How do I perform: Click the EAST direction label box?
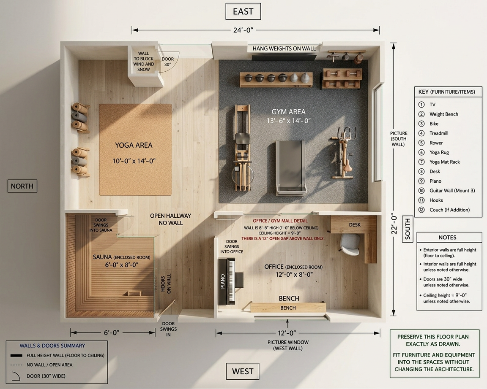pos(243,11)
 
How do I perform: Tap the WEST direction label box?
pos(243,371)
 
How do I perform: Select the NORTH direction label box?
pos(22,186)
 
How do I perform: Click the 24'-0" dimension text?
pos(243,30)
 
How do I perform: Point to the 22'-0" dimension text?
pos(394,224)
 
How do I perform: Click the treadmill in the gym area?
pos(291,167)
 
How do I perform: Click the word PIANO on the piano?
pos(222,281)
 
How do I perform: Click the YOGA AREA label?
pos(134,145)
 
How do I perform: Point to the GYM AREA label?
pos(289,111)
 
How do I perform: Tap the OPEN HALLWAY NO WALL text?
pos(170,219)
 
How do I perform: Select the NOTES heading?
pos(447,238)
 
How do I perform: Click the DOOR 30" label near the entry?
pos(168,62)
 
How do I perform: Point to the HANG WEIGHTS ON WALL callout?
pos(284,49)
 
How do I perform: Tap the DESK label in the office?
pos(355,225)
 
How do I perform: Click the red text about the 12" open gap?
pos(283,238)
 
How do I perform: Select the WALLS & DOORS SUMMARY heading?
pos(52,346)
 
